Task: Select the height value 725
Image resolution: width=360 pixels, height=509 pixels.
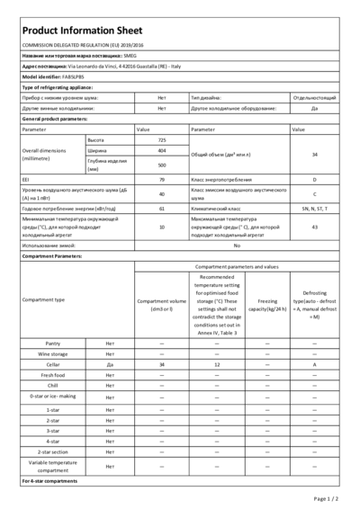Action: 162,141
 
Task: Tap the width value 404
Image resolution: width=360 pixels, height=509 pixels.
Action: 162,151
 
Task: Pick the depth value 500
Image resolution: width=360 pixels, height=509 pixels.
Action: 162,165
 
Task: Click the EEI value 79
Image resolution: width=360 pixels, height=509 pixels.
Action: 162,181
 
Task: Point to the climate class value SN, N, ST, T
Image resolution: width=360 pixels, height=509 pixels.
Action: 314,208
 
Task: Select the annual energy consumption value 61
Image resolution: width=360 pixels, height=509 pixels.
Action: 162,208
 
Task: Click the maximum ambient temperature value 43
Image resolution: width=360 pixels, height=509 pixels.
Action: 314,227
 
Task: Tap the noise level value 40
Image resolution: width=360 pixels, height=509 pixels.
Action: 162,193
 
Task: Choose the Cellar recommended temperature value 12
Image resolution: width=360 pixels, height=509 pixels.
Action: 217,364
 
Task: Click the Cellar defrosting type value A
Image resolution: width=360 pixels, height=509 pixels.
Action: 314,364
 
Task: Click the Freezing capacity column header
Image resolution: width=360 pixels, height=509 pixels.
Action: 266,304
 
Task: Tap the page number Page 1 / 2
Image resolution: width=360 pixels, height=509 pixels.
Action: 325,497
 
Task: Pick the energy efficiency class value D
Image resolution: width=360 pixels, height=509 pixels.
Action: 314,181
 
